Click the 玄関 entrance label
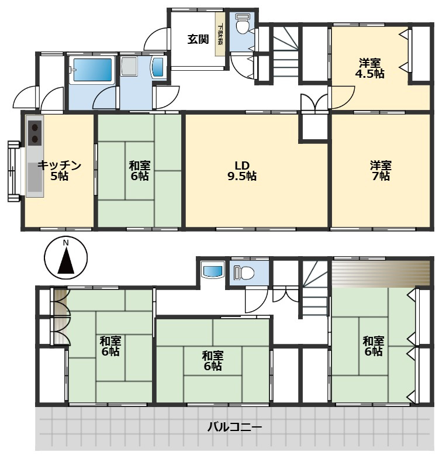198,39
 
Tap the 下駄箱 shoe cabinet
220,33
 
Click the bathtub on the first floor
92,70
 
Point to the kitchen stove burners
35,133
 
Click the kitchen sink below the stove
35,177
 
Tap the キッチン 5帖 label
60,171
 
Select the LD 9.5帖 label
242,171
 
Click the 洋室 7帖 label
381,171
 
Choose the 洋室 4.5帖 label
369,68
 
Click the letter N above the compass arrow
66,243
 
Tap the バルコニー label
234,427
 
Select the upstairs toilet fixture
244,273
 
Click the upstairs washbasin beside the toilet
213,271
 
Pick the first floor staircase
286,51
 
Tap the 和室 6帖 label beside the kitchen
140,171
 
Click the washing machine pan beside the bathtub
129,66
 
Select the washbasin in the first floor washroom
158,67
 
